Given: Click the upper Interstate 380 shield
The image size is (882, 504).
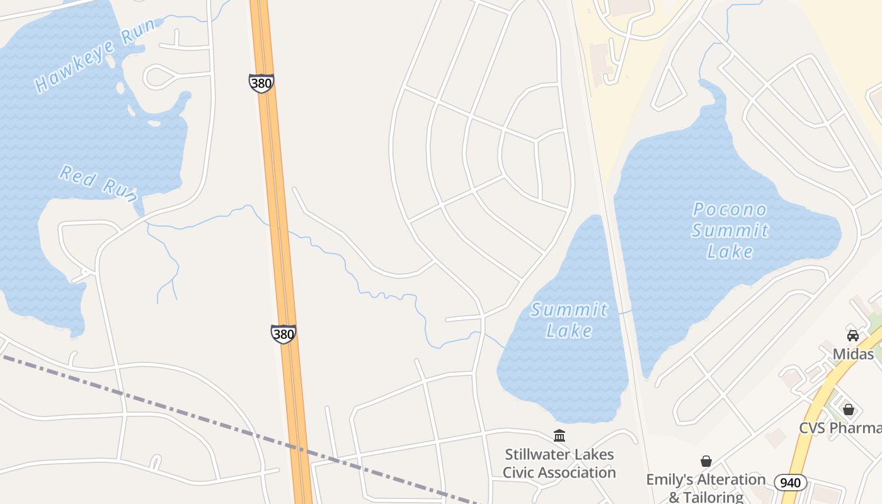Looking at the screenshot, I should click(x=261, y=83).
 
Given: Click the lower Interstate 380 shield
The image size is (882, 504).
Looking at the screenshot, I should click(x=283, y=334).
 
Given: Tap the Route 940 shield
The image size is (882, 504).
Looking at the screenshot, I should click(x=790, y=483).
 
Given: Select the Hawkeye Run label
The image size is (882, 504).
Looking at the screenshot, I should click(x=94, y=55).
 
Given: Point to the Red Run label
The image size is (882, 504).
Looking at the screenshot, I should click(x=99, y=183).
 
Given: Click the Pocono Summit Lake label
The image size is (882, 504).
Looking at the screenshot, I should click(x=730, y=231).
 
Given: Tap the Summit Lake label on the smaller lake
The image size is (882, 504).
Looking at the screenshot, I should click(x=570, y=320).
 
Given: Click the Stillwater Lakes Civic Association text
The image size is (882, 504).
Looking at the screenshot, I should click(x=559, y=463).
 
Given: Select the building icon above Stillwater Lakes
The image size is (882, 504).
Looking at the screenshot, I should click(x=559, y=435).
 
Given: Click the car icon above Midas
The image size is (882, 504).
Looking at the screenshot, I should click(x=853, y=336).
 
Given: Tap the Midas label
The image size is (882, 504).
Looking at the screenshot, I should click(x=853, y=354).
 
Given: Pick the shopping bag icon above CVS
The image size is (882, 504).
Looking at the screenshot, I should click(x=849, y=409).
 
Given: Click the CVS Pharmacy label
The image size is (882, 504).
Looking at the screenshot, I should click(x=840, y=428).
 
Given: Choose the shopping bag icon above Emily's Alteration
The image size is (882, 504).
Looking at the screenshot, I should click(x=706, y=461).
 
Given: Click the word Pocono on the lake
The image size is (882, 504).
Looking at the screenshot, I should click(x=730, y=210).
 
